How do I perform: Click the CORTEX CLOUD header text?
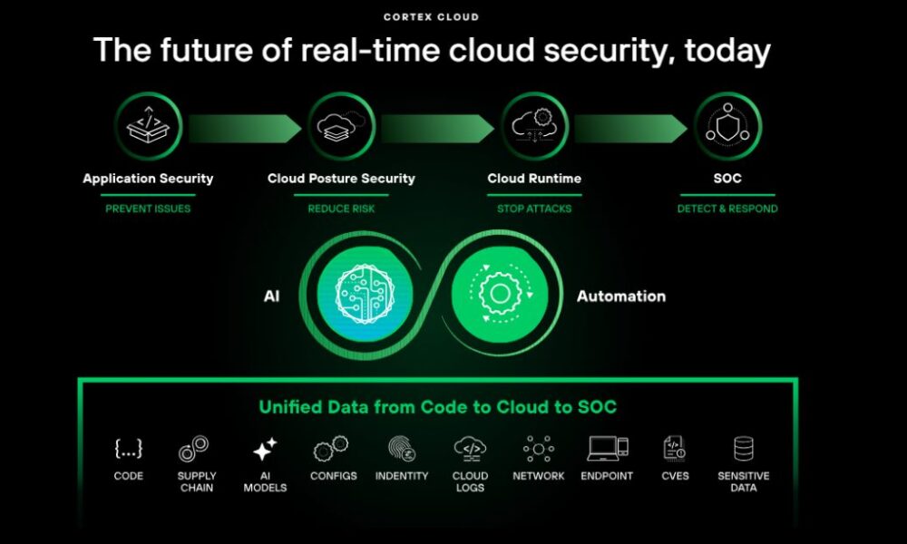pyautogui.click(x=431, y=17)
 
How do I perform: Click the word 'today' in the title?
pyautogui.click(x=727, y=50)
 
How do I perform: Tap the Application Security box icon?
pyautogui.click(x=148, y=126)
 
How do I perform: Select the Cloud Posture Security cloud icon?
pyautogui.click(x=341, y=126)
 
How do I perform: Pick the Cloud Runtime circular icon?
pyautogui.click(x=534, y=126)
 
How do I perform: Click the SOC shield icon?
pyautogui.click(x=727, y=126)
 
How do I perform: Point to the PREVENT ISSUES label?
pyautogui.click(x=148, y=209)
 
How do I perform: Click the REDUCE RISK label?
pyautogui.click(x=341, y=209)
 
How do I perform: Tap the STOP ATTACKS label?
pyautogui.click(x=534, y=209)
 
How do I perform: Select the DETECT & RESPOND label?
pyautogui.click(x=727, y=209)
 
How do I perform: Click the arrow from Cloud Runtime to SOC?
pyautogui.click(x=630, y=129)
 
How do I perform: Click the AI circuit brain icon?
pyautogui.click(x=365, y=294)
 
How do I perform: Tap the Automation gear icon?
pyautogui.click(x=500, y=294)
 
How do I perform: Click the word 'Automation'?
pyautogui.click(x=621, y=296)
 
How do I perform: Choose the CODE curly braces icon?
pyautogui.click(x=129, y=449)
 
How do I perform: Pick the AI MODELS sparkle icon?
pyautogui.click(x=265, y=449)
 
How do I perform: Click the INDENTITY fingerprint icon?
pyautogui.click(x=402, y=449)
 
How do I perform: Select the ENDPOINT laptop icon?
pyautogui.click(x=608, y=449)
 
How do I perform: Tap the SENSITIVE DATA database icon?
pyautogui.click(x=744, y=449)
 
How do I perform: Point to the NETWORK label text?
pyautogui.click(x=539, y=476)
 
